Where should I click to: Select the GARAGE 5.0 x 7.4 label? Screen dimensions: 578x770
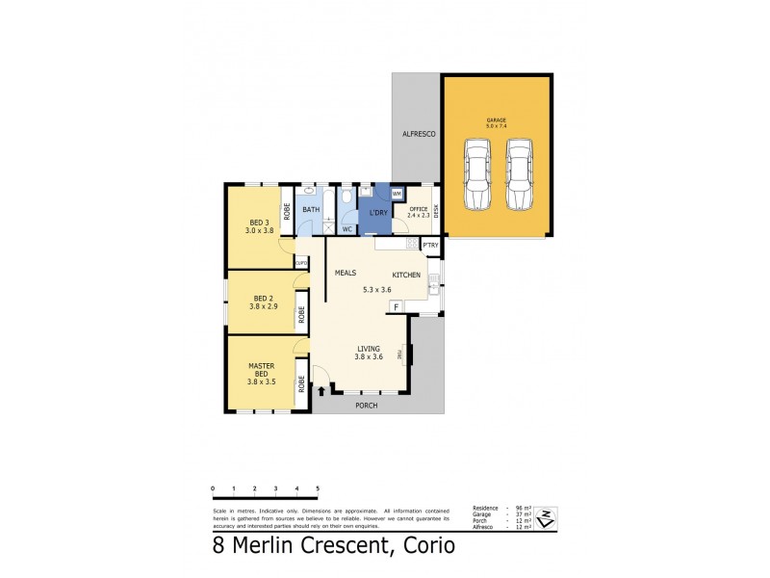(x=497, y=123)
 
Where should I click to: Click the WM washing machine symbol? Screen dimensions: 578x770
(x=397, y=194)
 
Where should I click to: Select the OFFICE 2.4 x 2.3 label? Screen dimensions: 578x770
(x=418, y=212)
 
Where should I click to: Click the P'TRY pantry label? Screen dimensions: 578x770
(x=430, y=246)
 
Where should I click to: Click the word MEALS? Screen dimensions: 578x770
(x=346, y=274)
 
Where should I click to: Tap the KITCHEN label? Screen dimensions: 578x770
(x=406, y=276)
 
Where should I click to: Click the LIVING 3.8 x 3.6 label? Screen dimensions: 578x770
(x=371, y=353)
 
